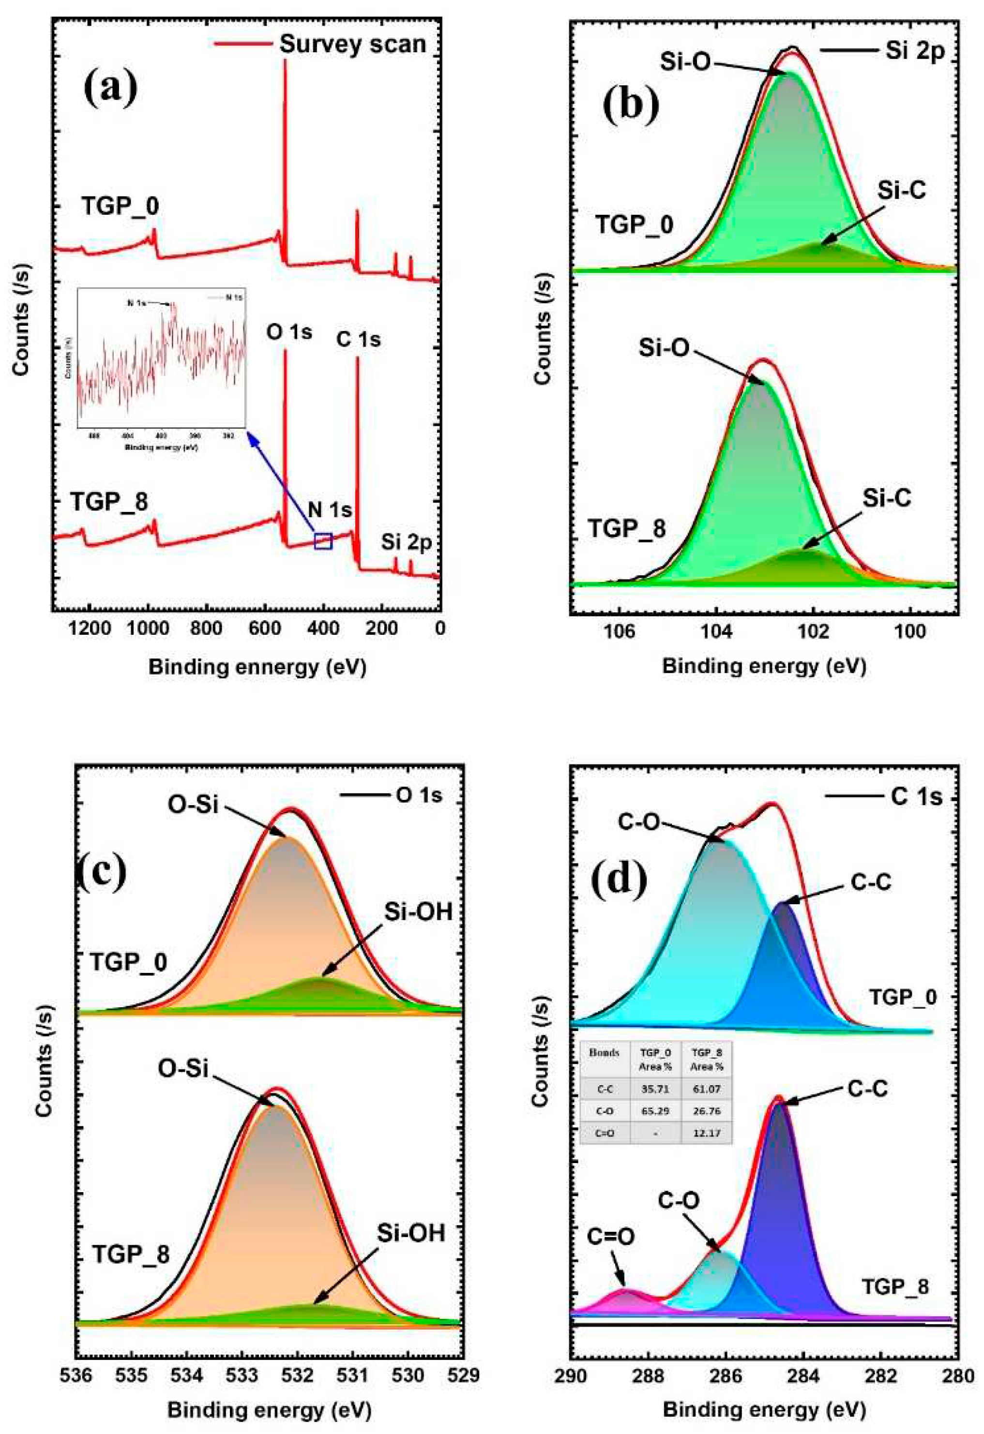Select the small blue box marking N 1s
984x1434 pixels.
(323, 541)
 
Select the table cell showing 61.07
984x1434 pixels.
(706, 1089)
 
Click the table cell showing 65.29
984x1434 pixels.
(655, 1111)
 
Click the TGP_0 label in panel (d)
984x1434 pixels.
(903, 997)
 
